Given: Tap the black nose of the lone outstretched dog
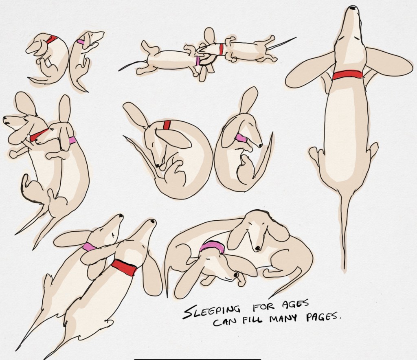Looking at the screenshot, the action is click(x=353, y=8).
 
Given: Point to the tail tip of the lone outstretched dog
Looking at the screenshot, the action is click(x=345, y=268).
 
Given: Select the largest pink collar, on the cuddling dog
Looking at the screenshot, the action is click(x=212, y=246).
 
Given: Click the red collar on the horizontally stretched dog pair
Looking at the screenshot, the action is click(x=221, y=49).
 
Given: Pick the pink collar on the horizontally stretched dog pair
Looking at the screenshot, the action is click(x=198, y=61).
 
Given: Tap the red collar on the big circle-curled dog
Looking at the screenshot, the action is click(x=167, y=125).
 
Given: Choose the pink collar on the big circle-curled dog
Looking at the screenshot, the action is click(x=241, y=138).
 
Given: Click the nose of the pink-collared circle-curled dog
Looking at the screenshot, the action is click(x=260, y=145).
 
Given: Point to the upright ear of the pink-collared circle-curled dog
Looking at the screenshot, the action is click(x=249, y=100).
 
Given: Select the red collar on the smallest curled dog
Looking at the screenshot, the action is click(x=52, y=40).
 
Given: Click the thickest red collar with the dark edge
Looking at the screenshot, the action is click(x=124, y=268).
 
